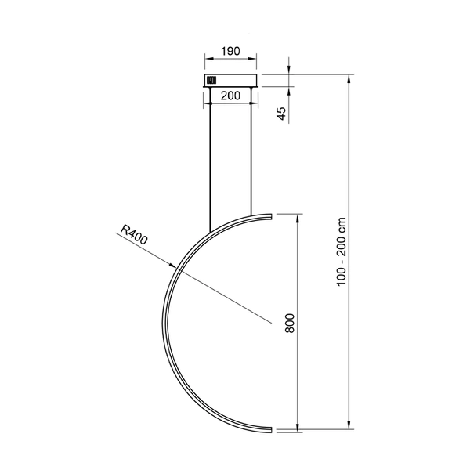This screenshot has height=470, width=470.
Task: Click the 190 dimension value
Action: pyautogui.click(x=230, y=49)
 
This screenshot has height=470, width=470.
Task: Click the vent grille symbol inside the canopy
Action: pyautogui.click(x=211, y=80)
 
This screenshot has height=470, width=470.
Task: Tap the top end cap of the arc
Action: pyautogui.click(x=271, y=215)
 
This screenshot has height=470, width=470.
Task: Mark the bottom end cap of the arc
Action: pyautogui.click(x=271, y=429)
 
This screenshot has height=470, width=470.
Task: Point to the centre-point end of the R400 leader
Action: pyautogui.click(x=270, y=322)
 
